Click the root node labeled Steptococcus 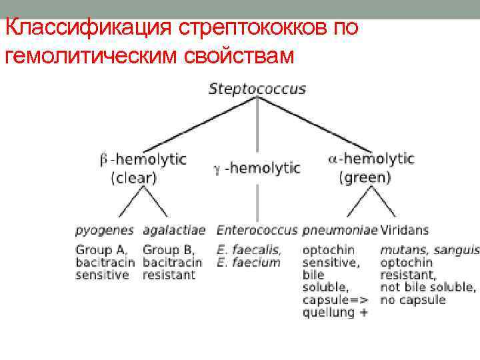tap(257, 88)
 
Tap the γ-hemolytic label tap(257, 168)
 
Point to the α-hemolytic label tap(371, 159)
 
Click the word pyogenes tap(106, 230)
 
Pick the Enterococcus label tap(257, 230)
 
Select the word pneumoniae tap(340, 230)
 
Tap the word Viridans tap(405, 230)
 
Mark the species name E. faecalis tap(249, 250)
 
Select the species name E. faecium tap(249, 262)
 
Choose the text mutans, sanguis tap(429, 250)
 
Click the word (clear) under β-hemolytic tap(133, 177)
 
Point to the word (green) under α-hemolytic tap(365, 177)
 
